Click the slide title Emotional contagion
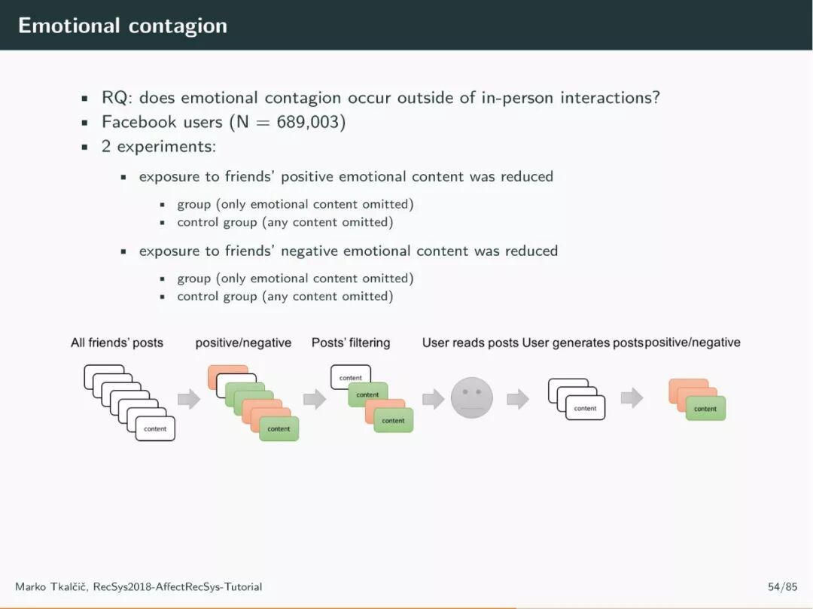122,25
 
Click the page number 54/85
782,586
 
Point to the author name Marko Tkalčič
50,586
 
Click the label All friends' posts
117,343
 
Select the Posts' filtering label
351,343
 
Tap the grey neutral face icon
472,398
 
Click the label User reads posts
470,343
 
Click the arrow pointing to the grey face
433,399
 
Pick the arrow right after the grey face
518,399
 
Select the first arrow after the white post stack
189,399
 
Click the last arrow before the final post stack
632,398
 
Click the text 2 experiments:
159,146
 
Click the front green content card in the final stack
705,409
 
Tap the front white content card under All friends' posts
155,428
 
